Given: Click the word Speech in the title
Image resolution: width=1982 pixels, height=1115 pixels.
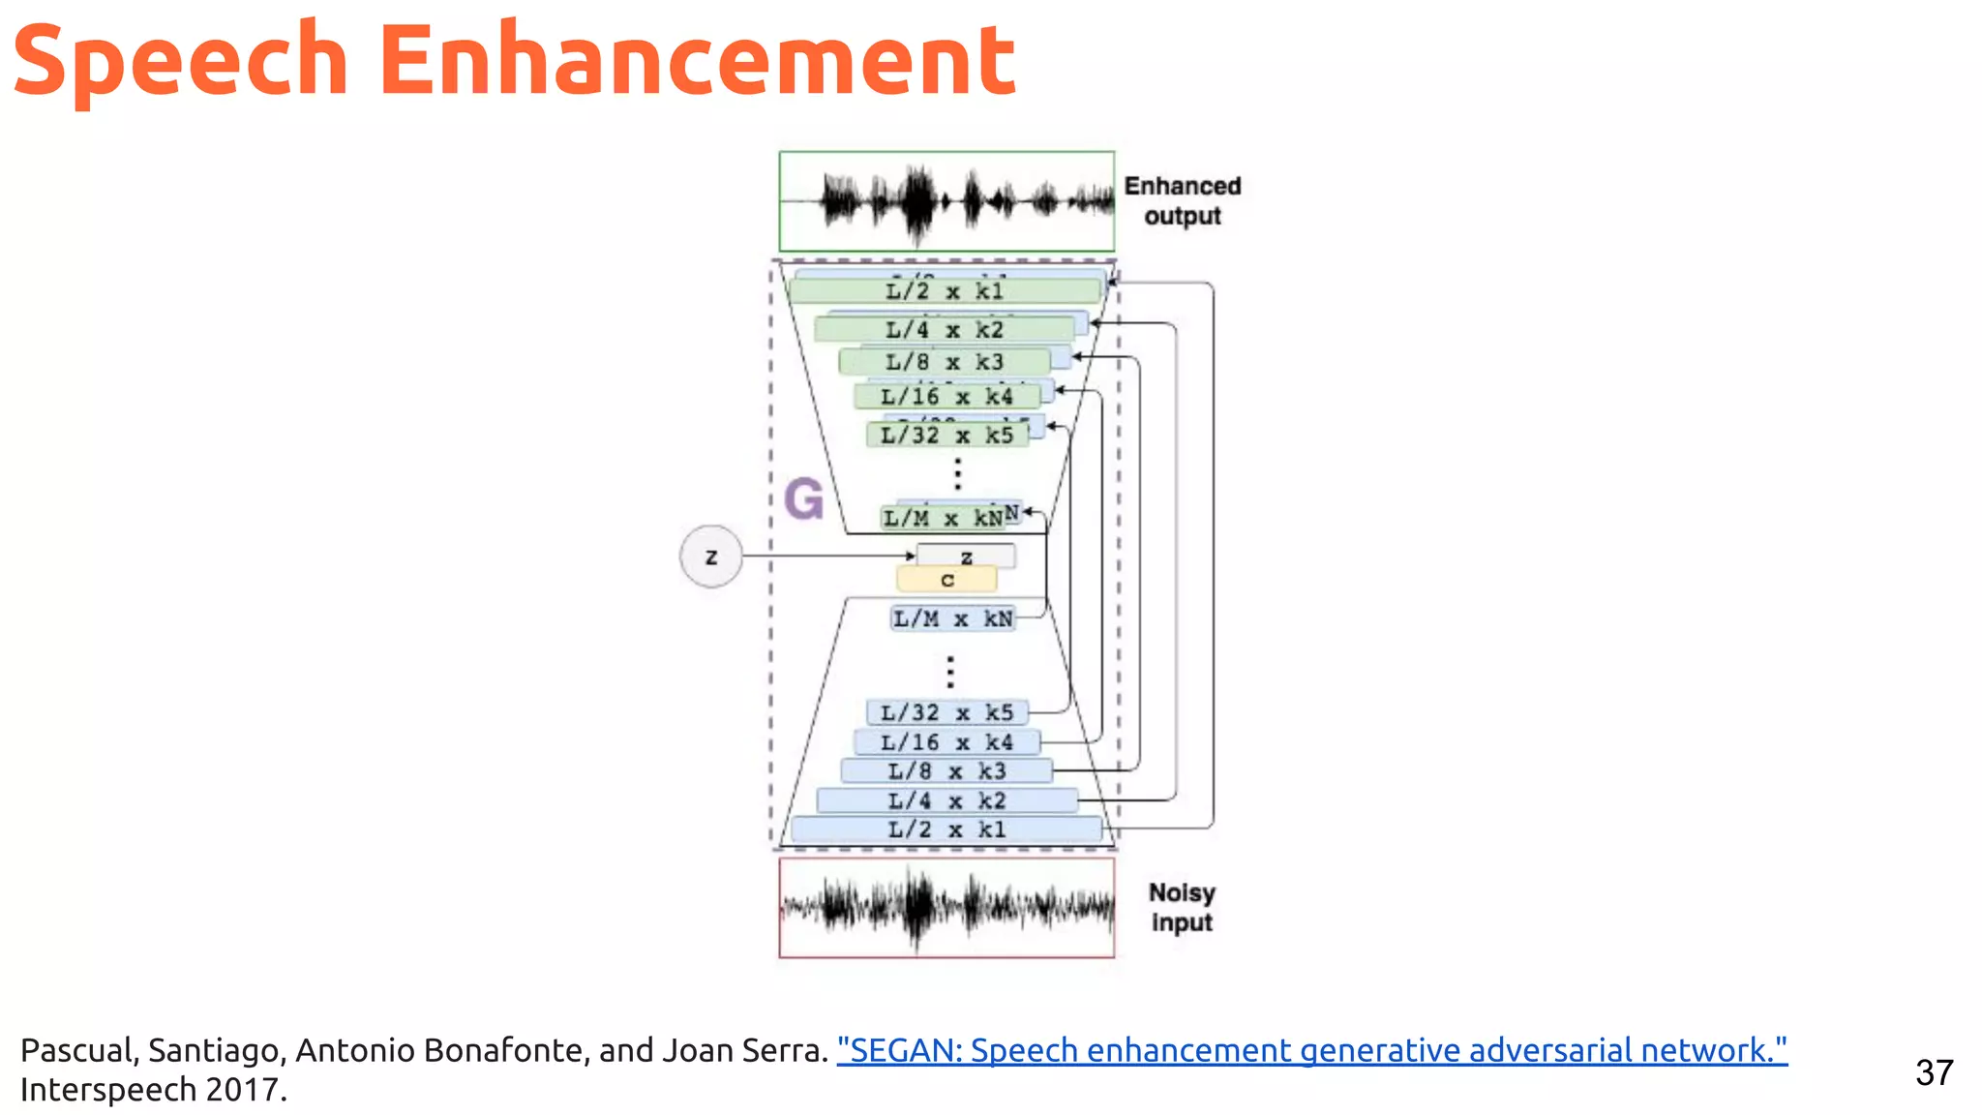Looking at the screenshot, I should point(180,60).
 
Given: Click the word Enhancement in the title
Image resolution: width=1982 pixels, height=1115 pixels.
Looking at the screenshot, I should point(696,60).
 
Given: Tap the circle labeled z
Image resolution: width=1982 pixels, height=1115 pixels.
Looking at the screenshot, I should point(711,557).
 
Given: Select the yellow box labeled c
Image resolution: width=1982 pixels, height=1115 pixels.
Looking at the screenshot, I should point(946,580).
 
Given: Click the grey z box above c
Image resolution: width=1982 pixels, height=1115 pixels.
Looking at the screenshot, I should point(966,557).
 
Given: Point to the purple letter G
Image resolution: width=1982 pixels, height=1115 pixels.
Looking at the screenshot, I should point(803,499).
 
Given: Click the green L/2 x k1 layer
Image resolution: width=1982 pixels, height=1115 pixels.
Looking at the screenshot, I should point(946,291).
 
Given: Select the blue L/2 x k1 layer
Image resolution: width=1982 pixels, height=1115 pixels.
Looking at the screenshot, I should point(946,829).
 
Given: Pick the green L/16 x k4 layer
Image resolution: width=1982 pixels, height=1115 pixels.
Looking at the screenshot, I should point(946,397).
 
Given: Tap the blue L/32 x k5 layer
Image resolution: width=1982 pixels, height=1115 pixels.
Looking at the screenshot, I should point(946,713).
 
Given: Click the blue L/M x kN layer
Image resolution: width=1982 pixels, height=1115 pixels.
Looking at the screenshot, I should point(952,618).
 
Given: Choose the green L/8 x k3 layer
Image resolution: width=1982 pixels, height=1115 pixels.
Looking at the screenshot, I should point(945,363).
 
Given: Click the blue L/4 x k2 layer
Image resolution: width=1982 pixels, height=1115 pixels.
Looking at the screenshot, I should point(946,801).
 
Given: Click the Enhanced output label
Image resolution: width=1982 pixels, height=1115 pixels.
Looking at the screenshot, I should point(1182,200).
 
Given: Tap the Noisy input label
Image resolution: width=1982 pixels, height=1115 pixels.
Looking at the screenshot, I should point(1182,907).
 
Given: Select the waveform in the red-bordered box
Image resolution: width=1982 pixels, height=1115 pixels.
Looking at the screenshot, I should point(946,908).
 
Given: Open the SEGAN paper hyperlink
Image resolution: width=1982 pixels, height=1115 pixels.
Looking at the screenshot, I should point(1311,1050).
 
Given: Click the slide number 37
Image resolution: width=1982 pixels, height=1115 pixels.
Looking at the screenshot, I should point(1934,1072).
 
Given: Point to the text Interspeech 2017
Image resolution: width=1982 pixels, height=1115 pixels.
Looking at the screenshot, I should point(153,1090).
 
